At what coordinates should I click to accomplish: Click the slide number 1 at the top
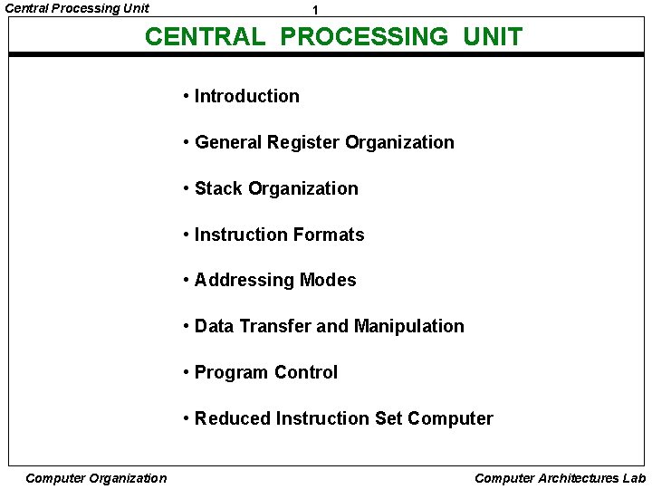[x=314, y=10]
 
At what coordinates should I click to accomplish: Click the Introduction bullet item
[x=246, y=96]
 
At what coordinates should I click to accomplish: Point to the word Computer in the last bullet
[x=450, y=418]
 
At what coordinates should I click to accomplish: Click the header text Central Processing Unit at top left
[x=77, y=8]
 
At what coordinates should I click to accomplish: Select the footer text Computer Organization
[x=96, y=478]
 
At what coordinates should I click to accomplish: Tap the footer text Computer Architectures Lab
[x=560, y=478]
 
